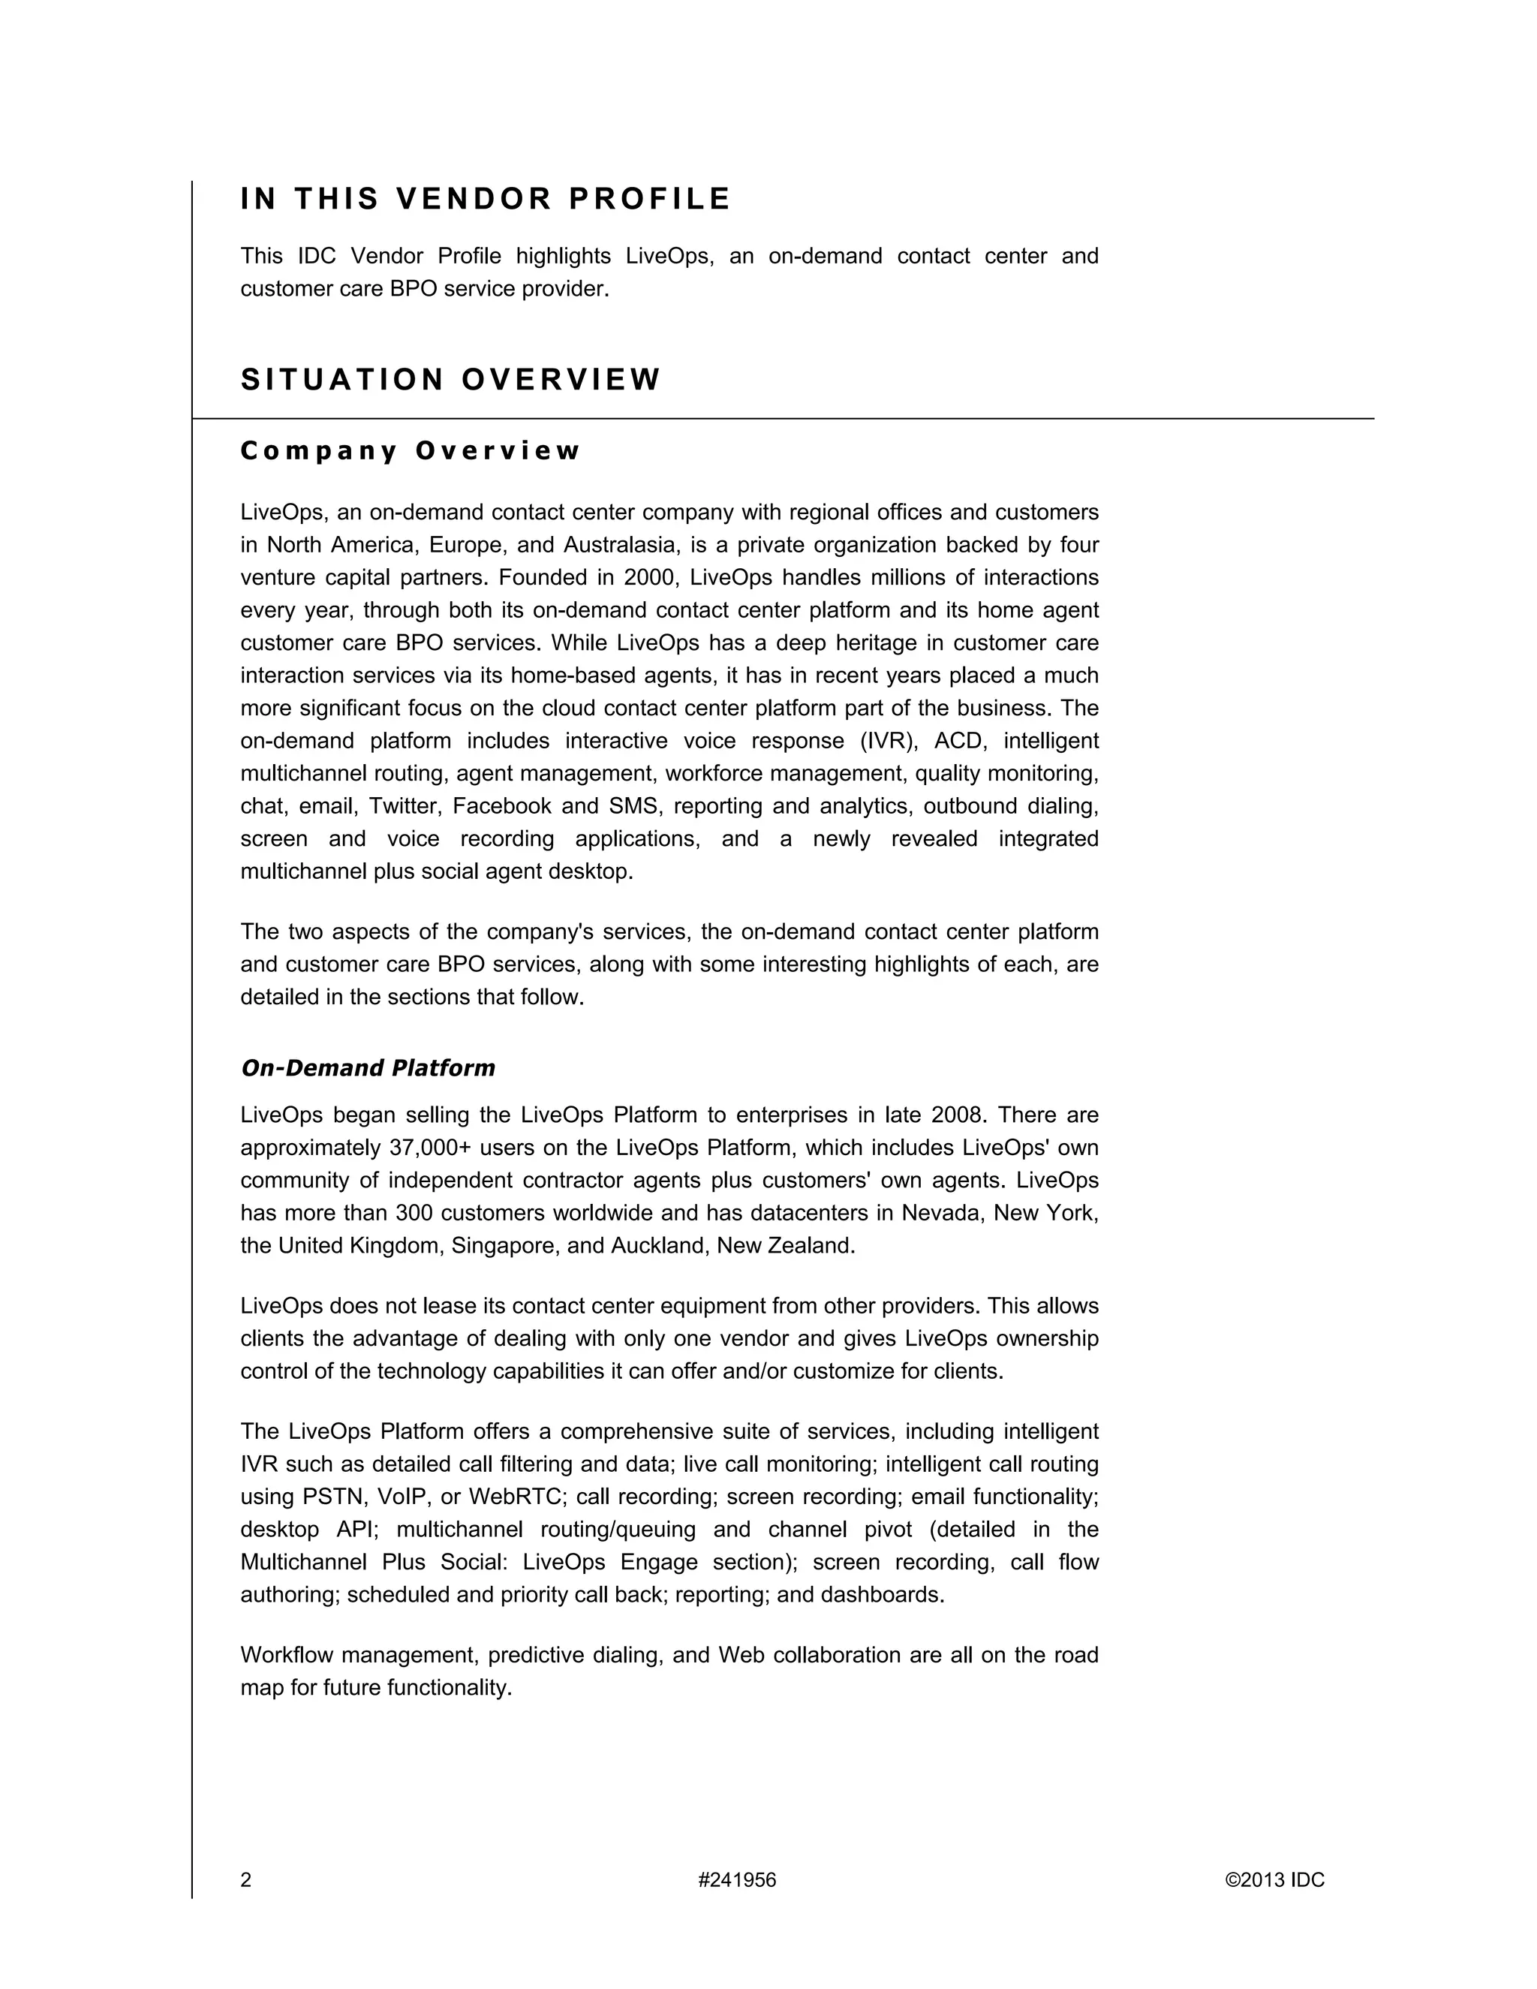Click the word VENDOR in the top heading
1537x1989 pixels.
pos(474,199)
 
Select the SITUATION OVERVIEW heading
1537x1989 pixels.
pos(450,379)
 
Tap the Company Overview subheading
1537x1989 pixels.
pos(410,451)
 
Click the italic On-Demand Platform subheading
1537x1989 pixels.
pos(367,1067)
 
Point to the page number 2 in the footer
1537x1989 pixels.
pos(246,1879)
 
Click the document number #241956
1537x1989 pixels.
pos(737,1879)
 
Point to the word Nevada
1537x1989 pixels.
pos(940,1213)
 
